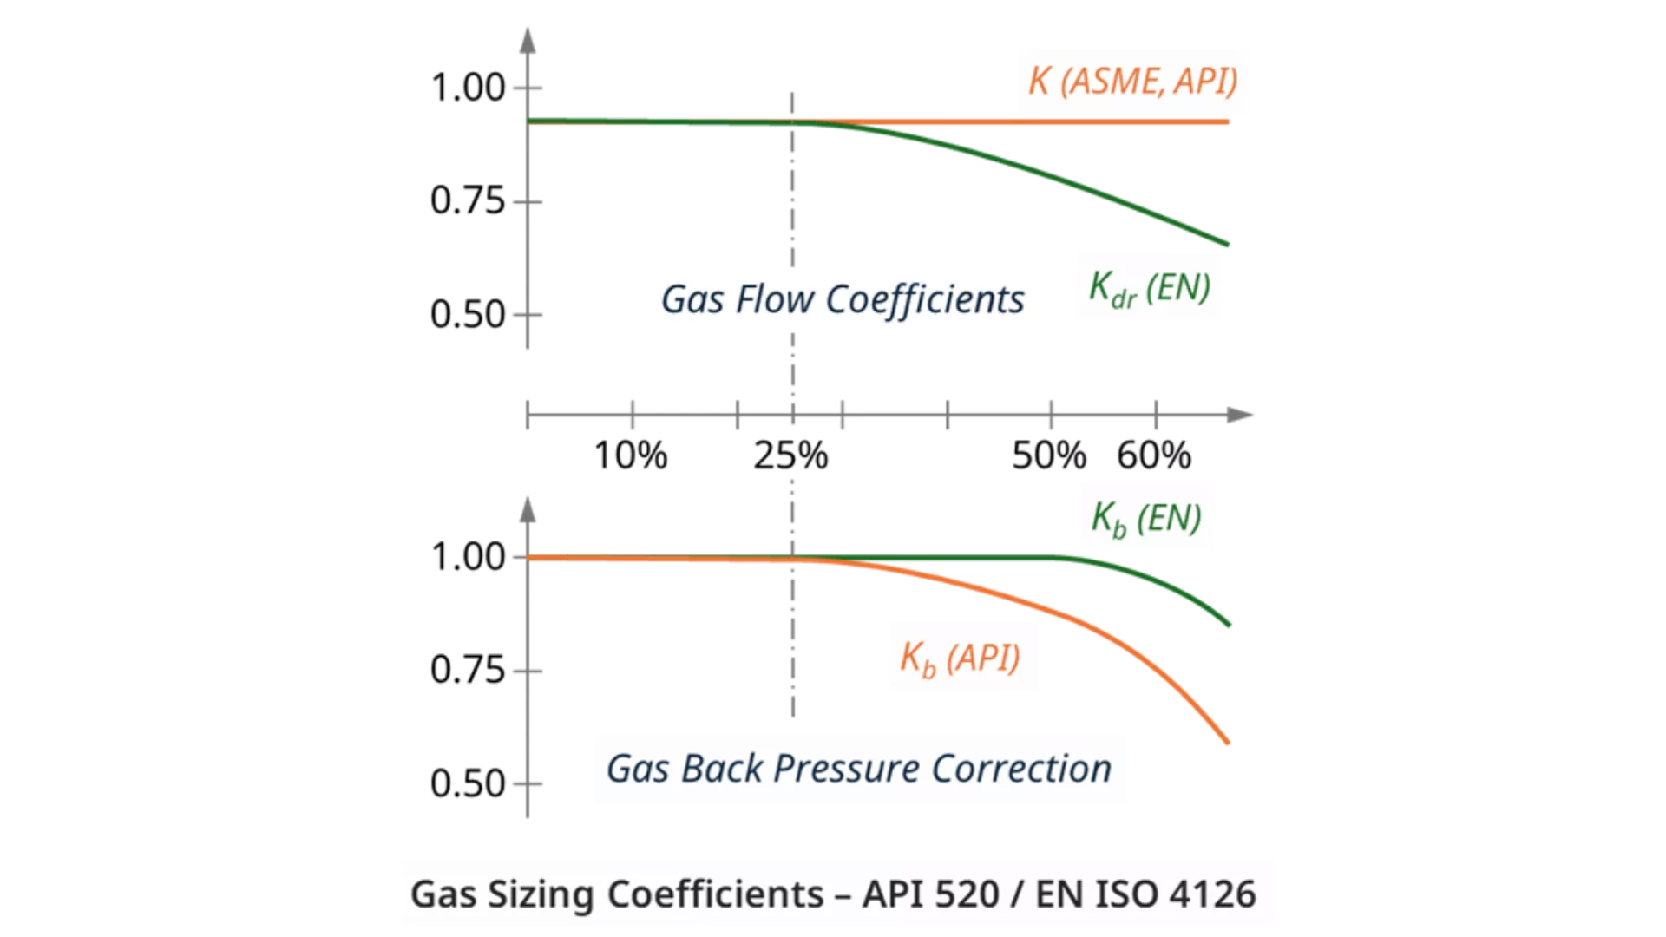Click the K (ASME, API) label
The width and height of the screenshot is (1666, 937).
1132,82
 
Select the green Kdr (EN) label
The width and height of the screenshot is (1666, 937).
1150,288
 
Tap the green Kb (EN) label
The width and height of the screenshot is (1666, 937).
1146,519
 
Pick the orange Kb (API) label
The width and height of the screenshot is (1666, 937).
960,659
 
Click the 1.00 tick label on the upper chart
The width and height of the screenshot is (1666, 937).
468,88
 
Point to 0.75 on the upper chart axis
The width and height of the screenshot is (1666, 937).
468,201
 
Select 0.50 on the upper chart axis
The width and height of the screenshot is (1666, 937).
468,315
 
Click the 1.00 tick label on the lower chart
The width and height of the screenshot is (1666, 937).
468,557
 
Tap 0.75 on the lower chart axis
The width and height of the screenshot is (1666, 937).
468,671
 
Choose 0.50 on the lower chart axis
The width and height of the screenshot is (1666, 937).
468,784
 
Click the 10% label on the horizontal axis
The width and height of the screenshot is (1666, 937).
631,455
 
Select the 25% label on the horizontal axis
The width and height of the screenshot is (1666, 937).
790,455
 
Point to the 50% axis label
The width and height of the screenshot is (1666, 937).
1049,455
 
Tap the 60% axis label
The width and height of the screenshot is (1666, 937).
1154,455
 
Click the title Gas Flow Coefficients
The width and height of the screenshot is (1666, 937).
843,300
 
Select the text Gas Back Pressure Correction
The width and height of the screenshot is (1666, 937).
859,770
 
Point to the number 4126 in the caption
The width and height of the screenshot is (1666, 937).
1213,894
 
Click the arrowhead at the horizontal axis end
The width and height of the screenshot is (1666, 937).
1241,416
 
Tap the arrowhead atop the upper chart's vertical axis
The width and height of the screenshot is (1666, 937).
528,40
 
